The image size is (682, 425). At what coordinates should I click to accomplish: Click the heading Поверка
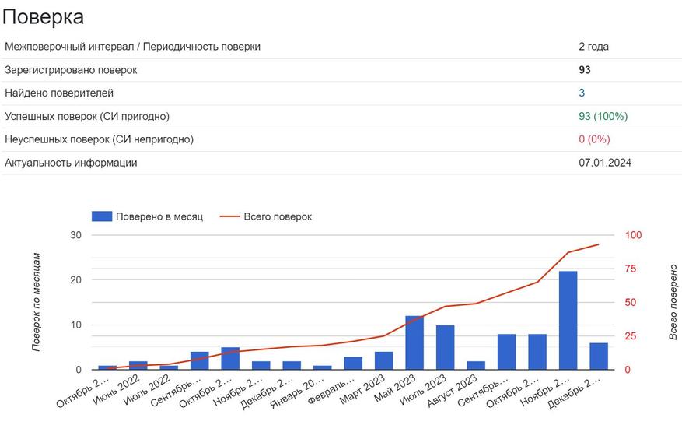pos(43,16)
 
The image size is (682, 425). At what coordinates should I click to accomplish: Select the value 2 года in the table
pos(593,47)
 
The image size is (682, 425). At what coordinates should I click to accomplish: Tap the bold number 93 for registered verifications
pos(585,70)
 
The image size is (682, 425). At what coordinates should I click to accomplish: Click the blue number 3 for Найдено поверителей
pos(582,93)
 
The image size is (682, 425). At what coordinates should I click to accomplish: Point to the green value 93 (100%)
pos(603,117)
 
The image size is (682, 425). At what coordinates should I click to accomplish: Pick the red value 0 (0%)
pos(594,139)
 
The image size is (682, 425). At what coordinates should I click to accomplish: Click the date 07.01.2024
pos(604,163)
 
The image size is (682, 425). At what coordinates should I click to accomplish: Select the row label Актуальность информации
pos(71,163)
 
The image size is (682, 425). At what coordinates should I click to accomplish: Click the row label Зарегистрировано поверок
pos(71,70)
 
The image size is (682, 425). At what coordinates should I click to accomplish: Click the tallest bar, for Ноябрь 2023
pos(568,320)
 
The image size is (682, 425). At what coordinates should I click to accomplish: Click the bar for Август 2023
pos(476,365)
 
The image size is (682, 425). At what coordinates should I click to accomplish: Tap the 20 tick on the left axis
pos(75,280)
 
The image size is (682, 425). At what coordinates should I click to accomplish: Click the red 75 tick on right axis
pos(634,269)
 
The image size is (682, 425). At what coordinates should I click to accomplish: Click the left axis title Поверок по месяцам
pos(37,302)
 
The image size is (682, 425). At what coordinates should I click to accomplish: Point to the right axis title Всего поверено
pos(673,302)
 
